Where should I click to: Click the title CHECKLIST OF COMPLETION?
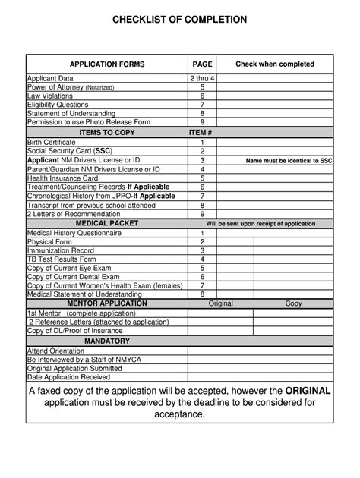179,20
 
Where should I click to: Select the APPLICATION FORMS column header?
107,64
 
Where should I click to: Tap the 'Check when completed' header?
274,64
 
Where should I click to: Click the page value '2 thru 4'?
202,79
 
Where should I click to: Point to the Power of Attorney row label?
71,87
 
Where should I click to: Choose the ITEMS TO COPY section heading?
107,132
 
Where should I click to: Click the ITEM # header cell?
202,132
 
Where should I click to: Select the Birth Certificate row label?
56,142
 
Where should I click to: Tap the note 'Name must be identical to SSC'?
289,161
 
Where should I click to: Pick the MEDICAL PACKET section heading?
107,224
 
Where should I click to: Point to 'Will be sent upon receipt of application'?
261,224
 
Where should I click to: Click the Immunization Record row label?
61,250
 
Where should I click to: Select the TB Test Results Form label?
62,259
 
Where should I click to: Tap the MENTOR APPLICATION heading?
107,303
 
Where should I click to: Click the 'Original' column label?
220,303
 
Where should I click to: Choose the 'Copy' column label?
293,303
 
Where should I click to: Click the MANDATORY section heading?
107,341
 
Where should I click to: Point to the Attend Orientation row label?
58,351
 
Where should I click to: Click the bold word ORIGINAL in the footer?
308,391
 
